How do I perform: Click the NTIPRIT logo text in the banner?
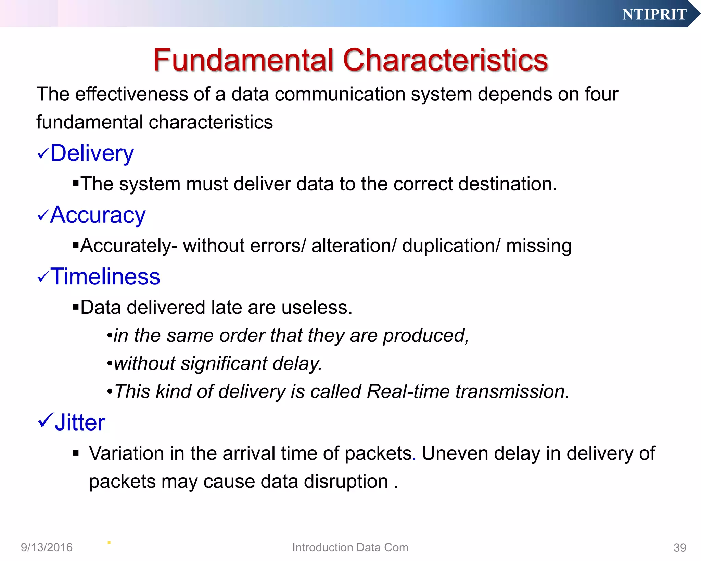click(654, 14)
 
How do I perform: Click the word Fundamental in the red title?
click(243, 60)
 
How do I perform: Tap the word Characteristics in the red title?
click(445, 60)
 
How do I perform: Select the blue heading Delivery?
click(92, 153)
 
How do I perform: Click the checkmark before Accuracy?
click(43, 216)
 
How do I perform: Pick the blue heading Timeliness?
click(105, 276)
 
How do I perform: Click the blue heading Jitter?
click(80, 423)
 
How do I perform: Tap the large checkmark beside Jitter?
click(45, 421)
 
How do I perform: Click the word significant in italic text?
click(224, 364)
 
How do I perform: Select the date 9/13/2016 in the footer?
click(47, 547)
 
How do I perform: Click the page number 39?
click(679, 548)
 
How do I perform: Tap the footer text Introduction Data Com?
click(350, 547)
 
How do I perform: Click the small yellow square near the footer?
click(109, 543)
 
